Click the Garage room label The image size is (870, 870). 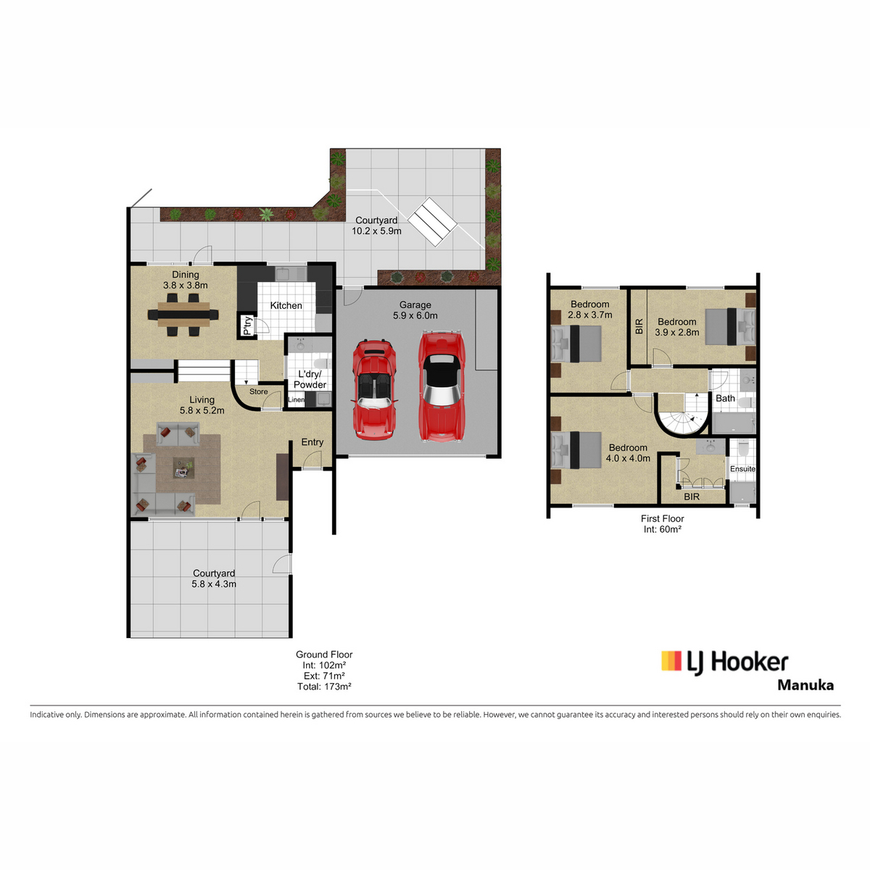tap(415, 304)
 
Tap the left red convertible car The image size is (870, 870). tap(374, 389)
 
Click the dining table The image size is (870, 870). tap(183, 314)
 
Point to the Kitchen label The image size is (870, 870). tap(286, 306)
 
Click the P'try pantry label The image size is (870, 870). tap(246, 326)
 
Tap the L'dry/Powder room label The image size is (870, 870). tap(310, 379)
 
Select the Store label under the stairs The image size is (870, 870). tap(258, 391)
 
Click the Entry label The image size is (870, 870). tap(312, 442)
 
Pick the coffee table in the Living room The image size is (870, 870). tap(183, 468)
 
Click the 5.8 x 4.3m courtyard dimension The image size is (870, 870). tap(214, 584)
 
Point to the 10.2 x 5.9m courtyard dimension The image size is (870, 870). tap(376, 231)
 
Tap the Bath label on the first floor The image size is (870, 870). tap(725, 398)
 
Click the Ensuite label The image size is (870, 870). tap(742, 468)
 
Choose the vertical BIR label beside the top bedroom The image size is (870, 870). tap(639, 326)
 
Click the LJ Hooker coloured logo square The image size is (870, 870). tap(671, 660)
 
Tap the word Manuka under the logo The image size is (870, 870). tap(805, 685)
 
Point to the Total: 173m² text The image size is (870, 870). tap(324, 687)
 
